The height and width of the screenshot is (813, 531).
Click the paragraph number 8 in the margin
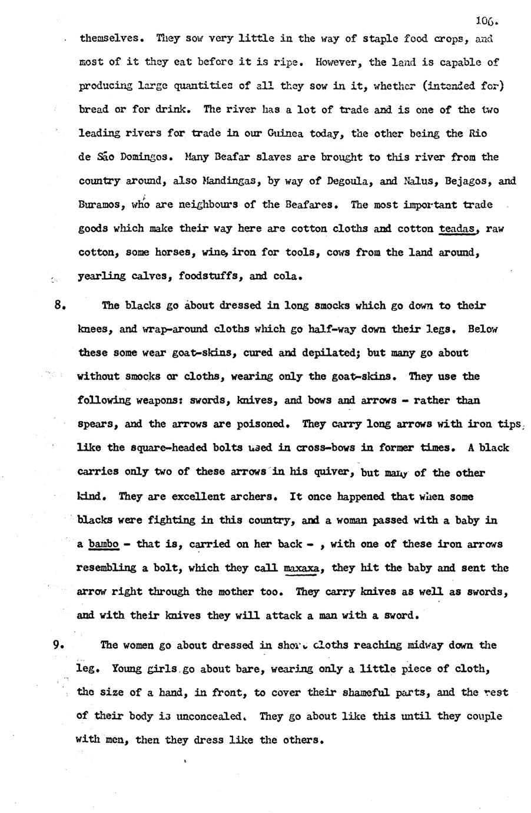[58, 306]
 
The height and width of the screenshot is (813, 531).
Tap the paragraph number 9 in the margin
[58, 645]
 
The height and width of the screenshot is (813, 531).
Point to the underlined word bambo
[104, 544]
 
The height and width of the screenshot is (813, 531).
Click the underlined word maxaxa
[301, 568]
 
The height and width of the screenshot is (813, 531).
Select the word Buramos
[98, 205]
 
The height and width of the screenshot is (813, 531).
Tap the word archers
[253, 496]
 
